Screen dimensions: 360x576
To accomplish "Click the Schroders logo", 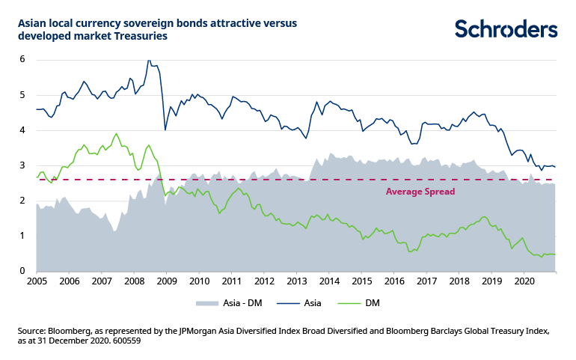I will [x=506, y=29].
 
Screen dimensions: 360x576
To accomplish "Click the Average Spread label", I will [x=420, y=192].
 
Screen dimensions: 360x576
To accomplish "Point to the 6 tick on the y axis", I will [x=22, y=59].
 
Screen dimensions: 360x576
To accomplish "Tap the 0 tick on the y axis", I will [x=22, y=271].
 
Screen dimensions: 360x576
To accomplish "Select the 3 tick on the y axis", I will [x=22, y=165].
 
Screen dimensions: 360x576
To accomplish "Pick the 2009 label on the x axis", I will [x=166, y=281].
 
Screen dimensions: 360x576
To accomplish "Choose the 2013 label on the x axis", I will [x=297, y=281].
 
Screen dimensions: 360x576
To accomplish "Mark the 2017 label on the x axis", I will [x=427, y=281].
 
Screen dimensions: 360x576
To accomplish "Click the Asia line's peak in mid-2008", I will [x=149, y=61].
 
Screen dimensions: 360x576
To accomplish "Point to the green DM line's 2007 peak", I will [x=116, y=134].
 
